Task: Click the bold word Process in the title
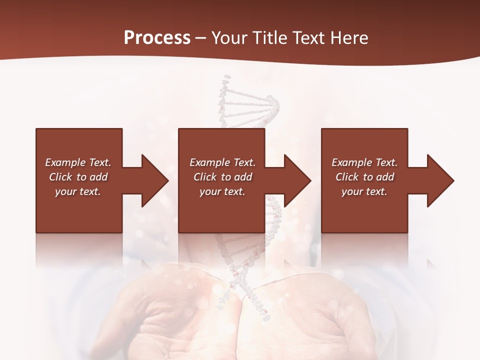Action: [157, 37]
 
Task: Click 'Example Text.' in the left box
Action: [78, 162]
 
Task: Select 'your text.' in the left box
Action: [78, 191]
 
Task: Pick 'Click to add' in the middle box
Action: [222, 177]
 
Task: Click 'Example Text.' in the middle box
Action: [222, 162]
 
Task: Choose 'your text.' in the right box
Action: [364, 191]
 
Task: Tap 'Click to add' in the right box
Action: [364, 177]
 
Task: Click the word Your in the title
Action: [227, 37]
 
